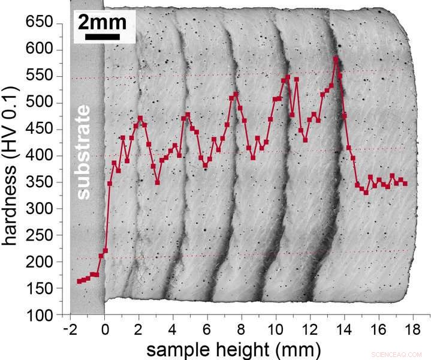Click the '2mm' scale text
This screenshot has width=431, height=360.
pos(102,23)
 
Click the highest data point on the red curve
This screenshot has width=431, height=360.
pos(336,59)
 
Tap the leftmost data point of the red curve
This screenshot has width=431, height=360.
pos(79,281)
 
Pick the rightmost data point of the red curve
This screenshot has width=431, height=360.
pos(405,184)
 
